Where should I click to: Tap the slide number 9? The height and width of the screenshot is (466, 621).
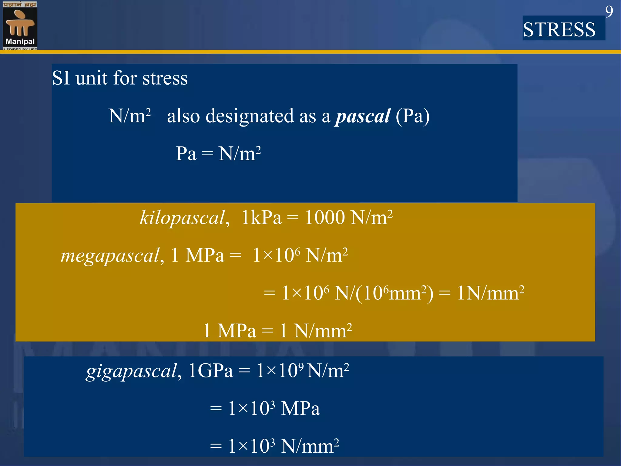pos(609,12)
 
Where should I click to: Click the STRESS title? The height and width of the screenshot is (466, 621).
pos(559,30)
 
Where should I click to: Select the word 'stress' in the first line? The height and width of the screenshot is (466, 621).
pos(165,78)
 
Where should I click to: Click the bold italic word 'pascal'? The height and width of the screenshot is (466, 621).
pos(363,116)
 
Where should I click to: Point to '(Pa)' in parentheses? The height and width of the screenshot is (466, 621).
pos(413,116)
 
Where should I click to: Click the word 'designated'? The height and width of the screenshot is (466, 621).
pos(250,116)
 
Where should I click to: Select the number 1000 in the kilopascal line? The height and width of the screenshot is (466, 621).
pos(324,217)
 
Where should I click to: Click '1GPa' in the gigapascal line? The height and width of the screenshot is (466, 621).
pos(210,370)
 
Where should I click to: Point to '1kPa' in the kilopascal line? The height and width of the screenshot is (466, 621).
pos(261,218)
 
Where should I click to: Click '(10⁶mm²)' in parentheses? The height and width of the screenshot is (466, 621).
pos(394,293)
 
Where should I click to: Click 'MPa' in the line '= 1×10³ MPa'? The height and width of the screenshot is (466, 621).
pos(300,408)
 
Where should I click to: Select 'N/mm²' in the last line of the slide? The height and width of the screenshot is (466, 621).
pos(310,446)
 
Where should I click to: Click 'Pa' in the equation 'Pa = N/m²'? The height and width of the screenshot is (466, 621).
pos(186,154)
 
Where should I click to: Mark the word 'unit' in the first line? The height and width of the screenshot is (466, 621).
pos(91,78)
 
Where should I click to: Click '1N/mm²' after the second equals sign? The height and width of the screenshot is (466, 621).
pos(490,293)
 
